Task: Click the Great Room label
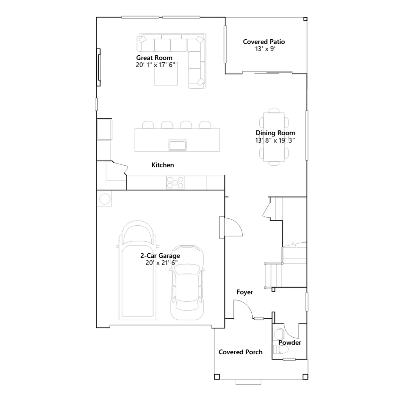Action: (x=154, y=58)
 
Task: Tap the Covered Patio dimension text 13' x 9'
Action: (x=265, y=49)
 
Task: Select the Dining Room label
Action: (x=275, y=133)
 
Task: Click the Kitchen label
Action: (x=163, y=165)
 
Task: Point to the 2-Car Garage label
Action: (x=160, y=256)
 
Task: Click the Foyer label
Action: (x=245, y=292)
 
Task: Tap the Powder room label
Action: (x=290, y=343)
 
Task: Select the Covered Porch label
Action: (x=240, y=352)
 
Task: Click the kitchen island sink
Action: (x=177, y=145)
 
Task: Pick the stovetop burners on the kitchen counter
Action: (x=175, y=182)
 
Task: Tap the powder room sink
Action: (x=278, y=334)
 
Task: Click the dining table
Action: (x=274, y=137)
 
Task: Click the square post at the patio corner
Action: (x=305, y=19)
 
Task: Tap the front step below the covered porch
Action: (x=248, y=382)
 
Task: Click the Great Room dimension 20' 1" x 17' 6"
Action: (x=155, y=65)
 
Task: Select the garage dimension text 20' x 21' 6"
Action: (x=161, y=263)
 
